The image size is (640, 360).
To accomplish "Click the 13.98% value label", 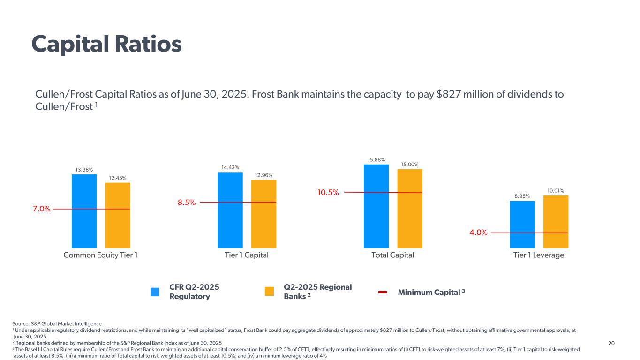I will click(x=84, y=170).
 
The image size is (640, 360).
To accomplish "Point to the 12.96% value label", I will click(x=264, y=175).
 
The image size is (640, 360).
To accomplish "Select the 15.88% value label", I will click(x=376, y=160).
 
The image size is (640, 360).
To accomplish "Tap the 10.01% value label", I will click(x=556, y=190).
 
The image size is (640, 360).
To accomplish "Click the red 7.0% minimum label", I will click(x=41, y=209).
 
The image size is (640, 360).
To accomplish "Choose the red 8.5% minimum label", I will click(x=187, y=202).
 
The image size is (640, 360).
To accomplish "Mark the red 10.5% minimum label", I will click(x=328, y=193).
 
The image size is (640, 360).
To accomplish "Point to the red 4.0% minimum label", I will click(x=478, y=232).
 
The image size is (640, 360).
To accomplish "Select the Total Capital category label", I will click(x=392, y=255).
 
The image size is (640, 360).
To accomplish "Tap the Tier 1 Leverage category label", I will click(x=538, y=255).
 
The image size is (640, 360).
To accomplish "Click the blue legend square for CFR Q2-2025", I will click(x=155, y=292).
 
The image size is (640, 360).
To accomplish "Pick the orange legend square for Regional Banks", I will click(x=269, y=292).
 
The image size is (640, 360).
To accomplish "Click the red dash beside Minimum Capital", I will click(x=383, y=292).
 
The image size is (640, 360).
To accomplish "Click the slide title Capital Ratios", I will click(x=106, y=45).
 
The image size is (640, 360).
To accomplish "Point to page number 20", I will click(x=611, y=344).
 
